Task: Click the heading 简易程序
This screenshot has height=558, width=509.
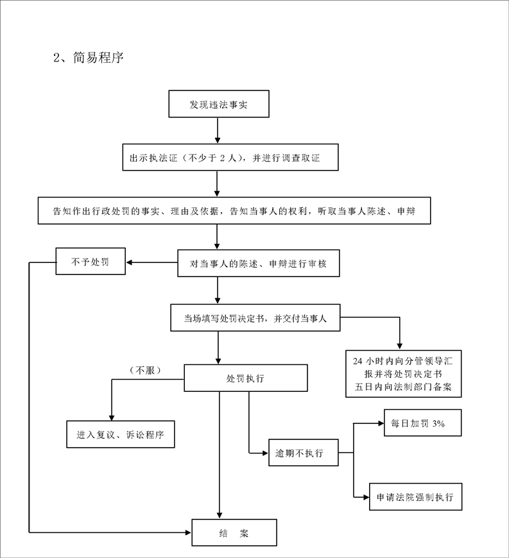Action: point(98,57)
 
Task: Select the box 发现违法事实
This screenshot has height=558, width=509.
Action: point(219,104)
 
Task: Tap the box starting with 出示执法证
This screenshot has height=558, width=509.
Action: point(230,157)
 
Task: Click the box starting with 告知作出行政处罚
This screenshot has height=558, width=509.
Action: point(234,210)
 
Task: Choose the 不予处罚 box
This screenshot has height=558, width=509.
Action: point(91,261)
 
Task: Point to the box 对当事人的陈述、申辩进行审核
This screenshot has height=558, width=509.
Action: point(259,264)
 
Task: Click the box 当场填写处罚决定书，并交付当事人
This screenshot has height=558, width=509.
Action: point(255,317)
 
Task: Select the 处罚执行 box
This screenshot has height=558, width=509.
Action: point(246,378)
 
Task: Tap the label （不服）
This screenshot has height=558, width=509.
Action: point(145,371)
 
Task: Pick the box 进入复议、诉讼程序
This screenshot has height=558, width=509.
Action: point(121,434)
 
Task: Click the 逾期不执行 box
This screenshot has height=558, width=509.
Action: point(304,453)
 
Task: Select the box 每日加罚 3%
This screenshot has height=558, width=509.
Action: point(423,423)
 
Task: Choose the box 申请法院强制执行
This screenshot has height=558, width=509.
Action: point(416,497)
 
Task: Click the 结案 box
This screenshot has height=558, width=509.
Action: point(234,533)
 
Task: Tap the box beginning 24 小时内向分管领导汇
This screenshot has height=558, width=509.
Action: point(404,374)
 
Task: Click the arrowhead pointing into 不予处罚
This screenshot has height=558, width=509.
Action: point(129,262)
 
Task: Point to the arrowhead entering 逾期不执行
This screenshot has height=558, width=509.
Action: point(265,453)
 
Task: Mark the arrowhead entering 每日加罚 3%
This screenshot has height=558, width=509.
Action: point(381,423)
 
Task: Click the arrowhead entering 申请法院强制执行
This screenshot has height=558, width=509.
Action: point(366,497)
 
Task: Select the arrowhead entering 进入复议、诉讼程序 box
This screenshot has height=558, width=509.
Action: point(112,418)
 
